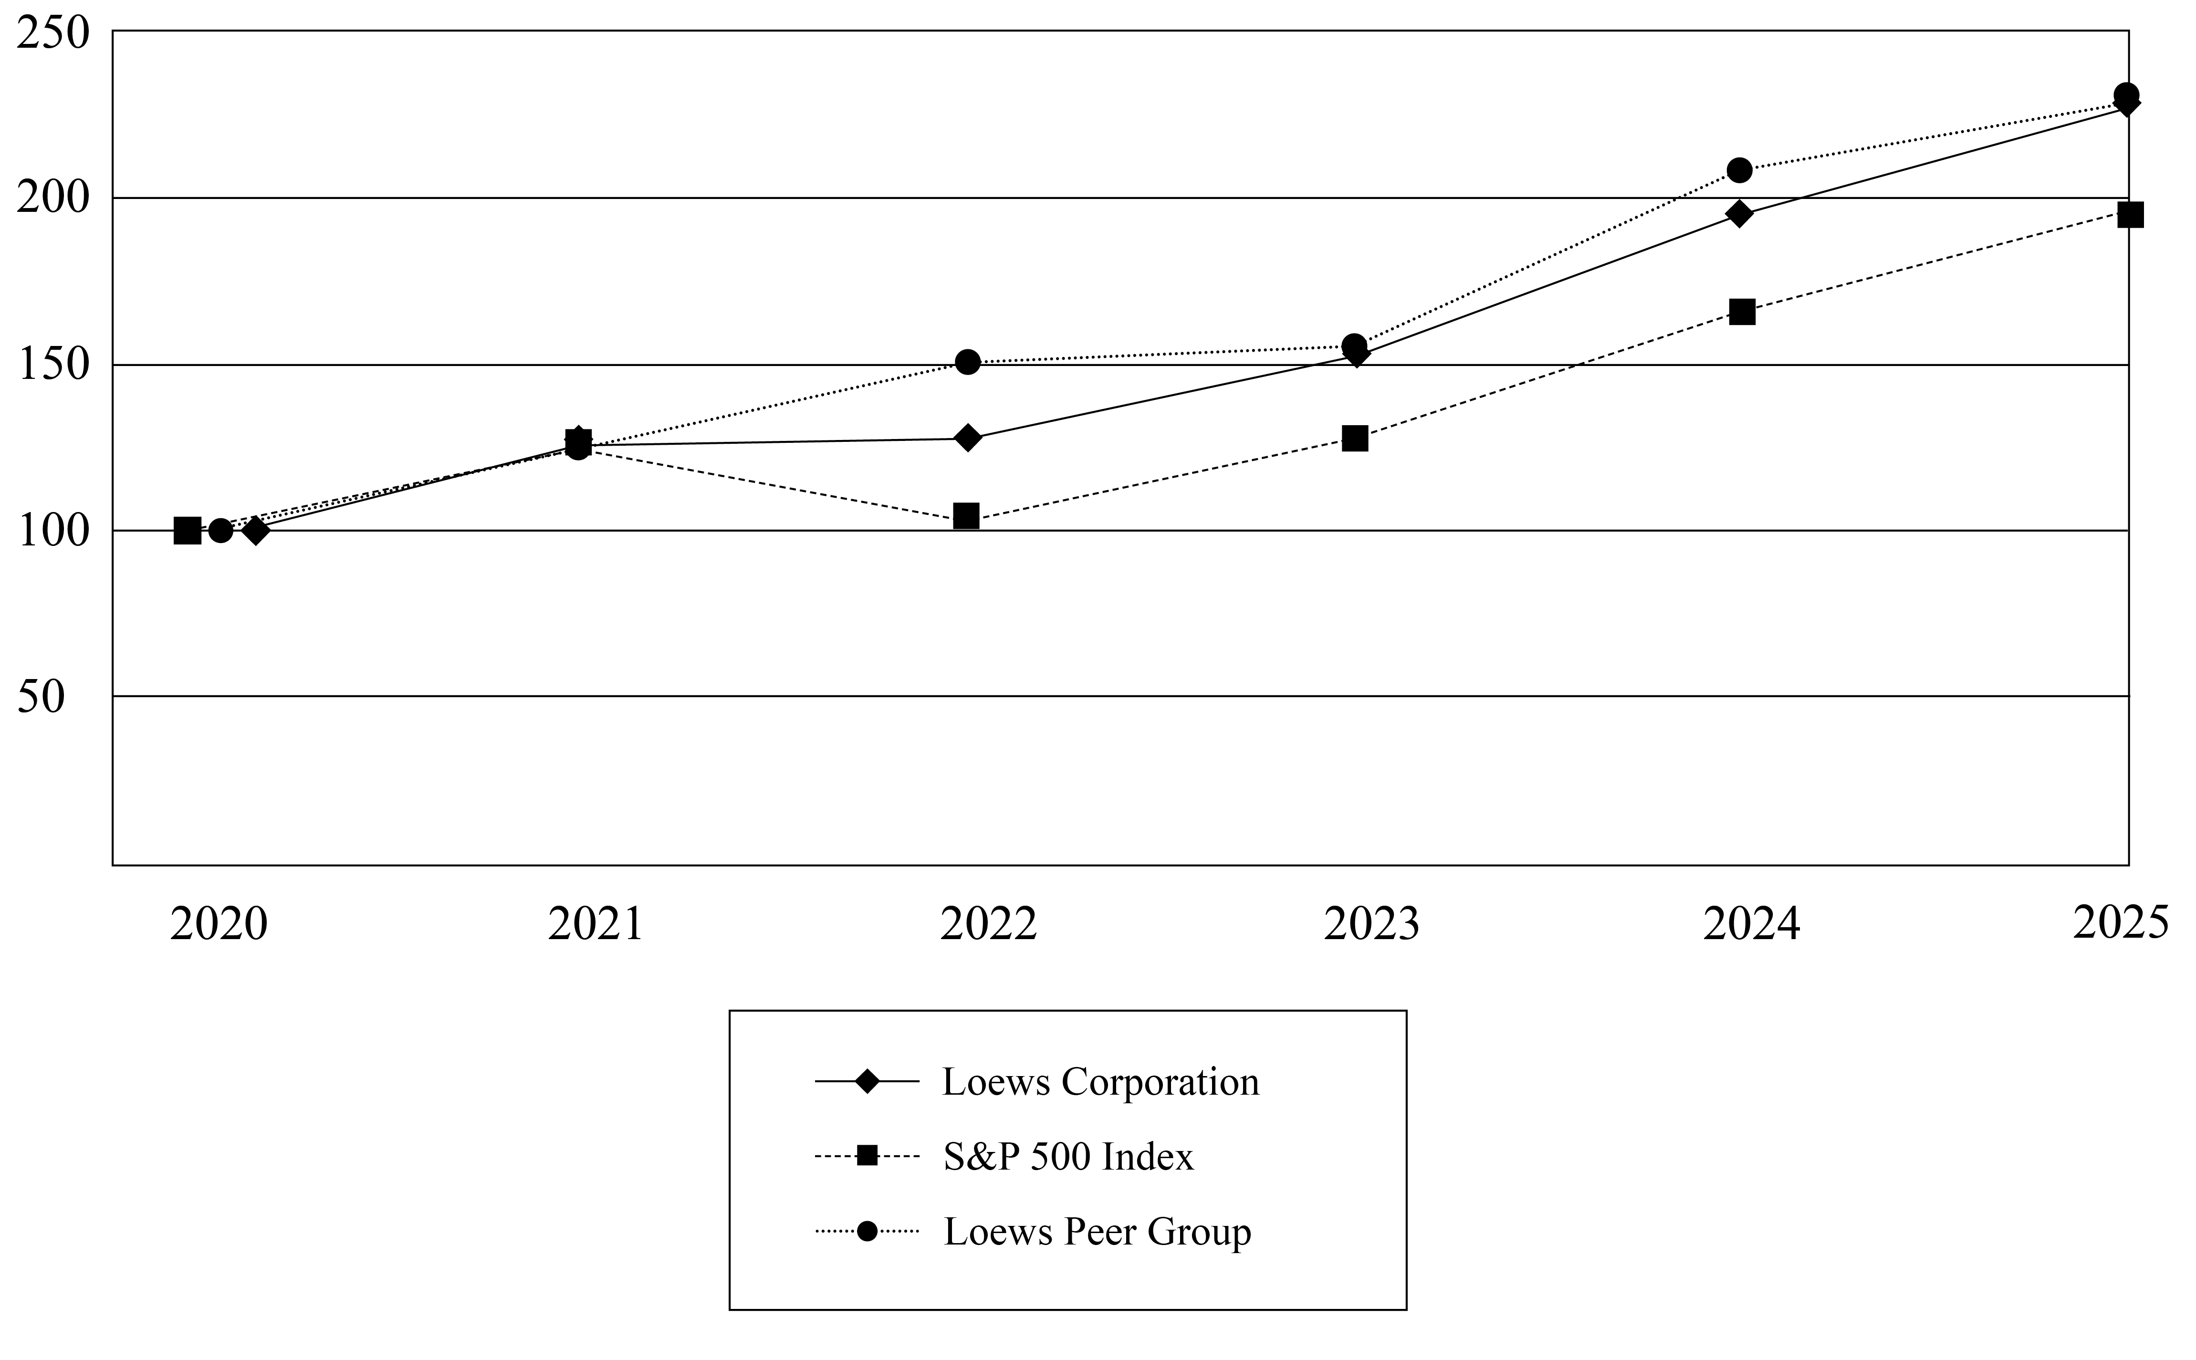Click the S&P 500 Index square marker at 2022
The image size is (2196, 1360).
coord(966,516)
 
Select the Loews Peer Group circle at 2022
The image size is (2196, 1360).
coord(968,363)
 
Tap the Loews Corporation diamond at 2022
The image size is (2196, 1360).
coord(968,438)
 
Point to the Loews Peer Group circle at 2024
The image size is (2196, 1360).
coord(1740,170)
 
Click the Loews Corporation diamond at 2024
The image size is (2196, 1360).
coord(1739,214)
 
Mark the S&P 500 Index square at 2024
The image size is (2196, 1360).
coord(1742,312)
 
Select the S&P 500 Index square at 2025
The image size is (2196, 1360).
coord(2130,215)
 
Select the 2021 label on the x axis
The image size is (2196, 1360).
coord(596,925)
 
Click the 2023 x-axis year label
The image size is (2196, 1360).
coord(1371,925)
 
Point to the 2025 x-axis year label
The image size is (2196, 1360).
coord(2121,923)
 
